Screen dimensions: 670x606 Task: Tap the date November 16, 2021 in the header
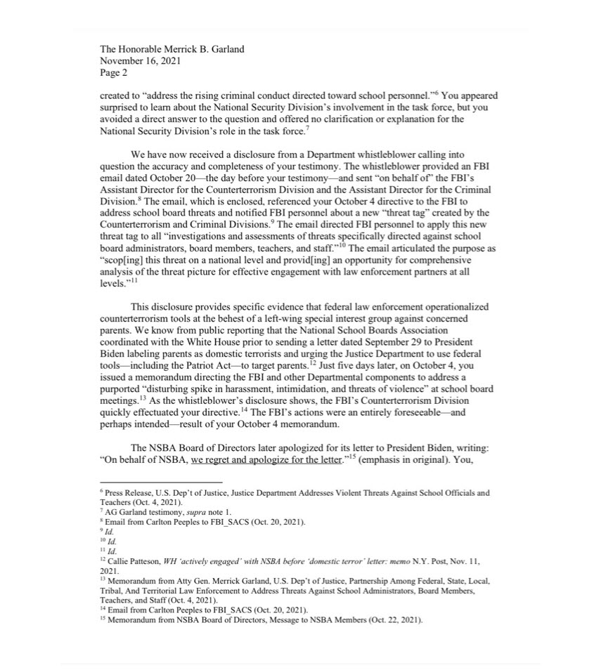[x=141, y=60]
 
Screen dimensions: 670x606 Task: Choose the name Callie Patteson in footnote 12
[x=133, y=562]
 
